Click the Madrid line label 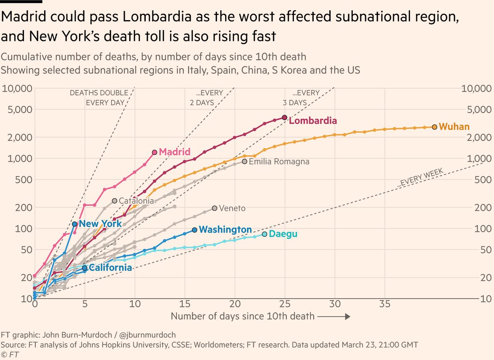coord(175,152)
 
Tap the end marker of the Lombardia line coord(284,117)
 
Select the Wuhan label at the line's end coord(454,126)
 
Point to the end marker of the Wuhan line coord(435,127)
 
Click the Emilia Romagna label coord(279,162)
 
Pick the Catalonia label coord(136,201)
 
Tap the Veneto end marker coord(214,208)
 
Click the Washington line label coord(225,229)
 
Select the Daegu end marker coord(265,234)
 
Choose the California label coord(110,268)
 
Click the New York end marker coord(75,224)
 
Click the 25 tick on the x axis coord(284,304)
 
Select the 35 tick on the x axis coord(385,304)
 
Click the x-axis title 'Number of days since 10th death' coord(242,316)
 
